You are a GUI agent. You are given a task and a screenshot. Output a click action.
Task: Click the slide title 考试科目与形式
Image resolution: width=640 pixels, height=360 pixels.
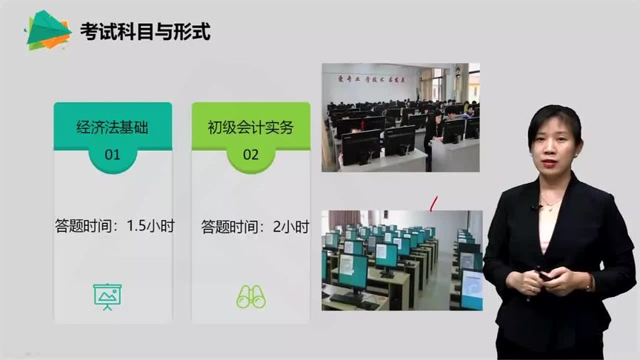(x=145, y=32)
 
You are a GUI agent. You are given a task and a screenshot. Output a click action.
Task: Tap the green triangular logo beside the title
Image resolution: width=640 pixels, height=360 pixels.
(x=46, y=30)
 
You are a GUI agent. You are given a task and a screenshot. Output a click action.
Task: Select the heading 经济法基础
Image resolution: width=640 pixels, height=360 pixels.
(x=113, y=127)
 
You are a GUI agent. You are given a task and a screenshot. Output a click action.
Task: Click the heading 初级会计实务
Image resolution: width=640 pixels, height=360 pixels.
(x=250, y=127)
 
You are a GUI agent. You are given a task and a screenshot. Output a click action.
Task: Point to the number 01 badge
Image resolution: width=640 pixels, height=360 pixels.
(x=112, y=155)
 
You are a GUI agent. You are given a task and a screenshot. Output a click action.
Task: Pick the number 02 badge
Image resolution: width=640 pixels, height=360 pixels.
(x=250, y=155)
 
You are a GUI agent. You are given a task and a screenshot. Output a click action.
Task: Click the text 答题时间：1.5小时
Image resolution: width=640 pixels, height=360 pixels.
(x=115, y=226)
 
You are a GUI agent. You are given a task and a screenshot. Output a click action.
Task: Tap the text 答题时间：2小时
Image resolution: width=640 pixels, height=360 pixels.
(x=255, y=226)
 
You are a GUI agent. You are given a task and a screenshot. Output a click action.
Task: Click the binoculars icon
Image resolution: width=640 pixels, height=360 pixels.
(x=250, y=296)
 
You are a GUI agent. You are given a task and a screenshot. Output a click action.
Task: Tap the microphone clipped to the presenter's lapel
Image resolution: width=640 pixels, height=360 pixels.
(x=533, y=208)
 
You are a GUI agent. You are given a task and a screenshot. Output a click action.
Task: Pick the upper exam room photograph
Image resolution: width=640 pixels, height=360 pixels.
(x=400, y=117)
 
